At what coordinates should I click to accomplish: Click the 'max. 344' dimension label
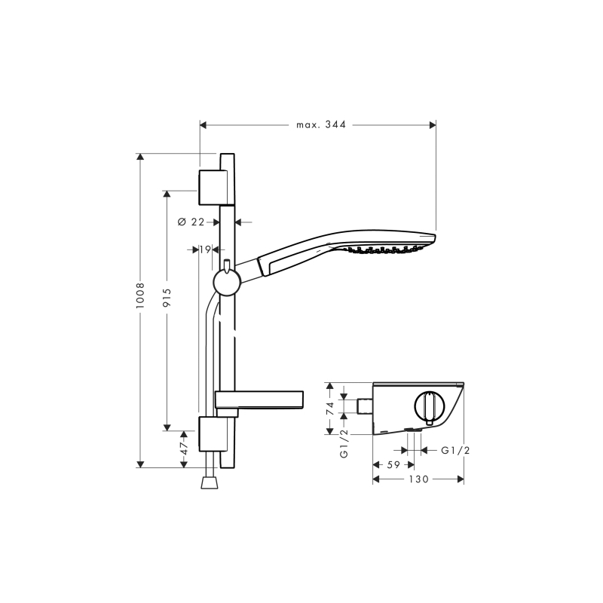(x=321, y=124)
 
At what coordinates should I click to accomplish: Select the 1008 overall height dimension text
(x=140, y=295)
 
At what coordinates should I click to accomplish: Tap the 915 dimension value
(x=167, y=298)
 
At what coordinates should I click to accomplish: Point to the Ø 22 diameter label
(x=191, y=222)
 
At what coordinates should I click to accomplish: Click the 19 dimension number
(x=205, y=249)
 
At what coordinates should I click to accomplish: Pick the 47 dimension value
(x=184, y=448)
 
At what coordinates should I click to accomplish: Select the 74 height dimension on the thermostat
(x=330, y=408)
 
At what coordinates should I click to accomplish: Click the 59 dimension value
(x=393, y=464)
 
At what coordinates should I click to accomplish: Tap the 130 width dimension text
(x=418, y=479)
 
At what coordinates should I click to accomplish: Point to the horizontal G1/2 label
(x=455, y=450)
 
